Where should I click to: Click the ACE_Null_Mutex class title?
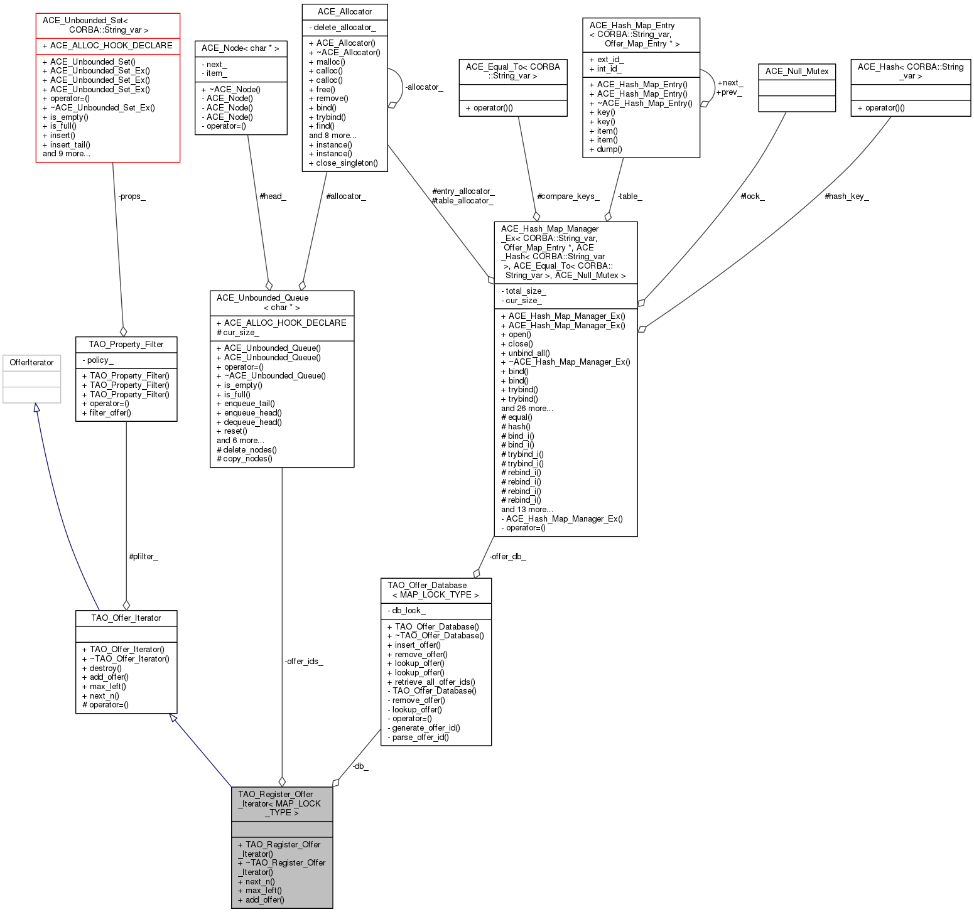click(797, 72)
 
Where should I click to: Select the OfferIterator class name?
click(32, 363)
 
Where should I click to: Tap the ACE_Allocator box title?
click(344, 12)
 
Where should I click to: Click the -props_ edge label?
click(132, 196)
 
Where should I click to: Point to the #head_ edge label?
click(273, 196)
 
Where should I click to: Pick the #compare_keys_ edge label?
click(568, 196)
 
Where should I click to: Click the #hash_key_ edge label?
click(847, 196)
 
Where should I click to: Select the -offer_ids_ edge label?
click(304, 661)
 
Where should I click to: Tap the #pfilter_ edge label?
click(143, 557)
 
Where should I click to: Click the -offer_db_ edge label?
click(507, 557)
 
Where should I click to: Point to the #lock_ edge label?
click(752, 196)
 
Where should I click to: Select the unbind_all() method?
click(525, 353)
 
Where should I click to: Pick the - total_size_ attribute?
click(524, 291)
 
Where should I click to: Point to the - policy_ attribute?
click(98, 360)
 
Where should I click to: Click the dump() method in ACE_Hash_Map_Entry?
click(606, 149)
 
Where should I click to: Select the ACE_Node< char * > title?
click(241, 48)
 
